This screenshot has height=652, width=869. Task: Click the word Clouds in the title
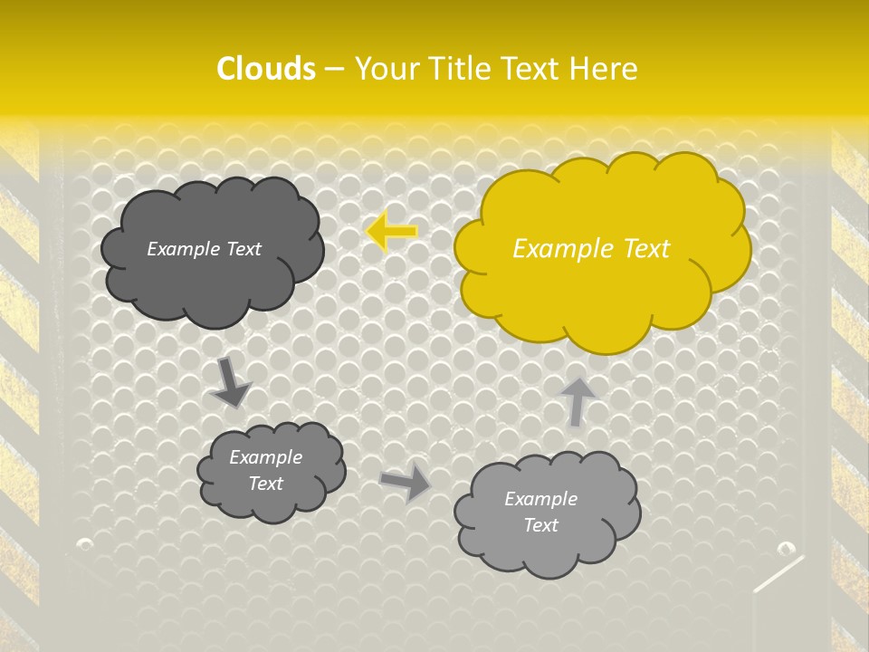coord(266,68)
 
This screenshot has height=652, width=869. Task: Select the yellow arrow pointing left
coord(392,232)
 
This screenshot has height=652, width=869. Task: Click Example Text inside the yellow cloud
coord(591,249)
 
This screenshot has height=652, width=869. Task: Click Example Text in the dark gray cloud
coord(204,249)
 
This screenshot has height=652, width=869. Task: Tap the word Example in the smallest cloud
coord(265,457)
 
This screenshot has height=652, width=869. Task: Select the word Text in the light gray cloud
coord(540,525)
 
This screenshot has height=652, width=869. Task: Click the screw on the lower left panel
coord(85,544)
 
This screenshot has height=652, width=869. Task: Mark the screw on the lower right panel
coord(786,549)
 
